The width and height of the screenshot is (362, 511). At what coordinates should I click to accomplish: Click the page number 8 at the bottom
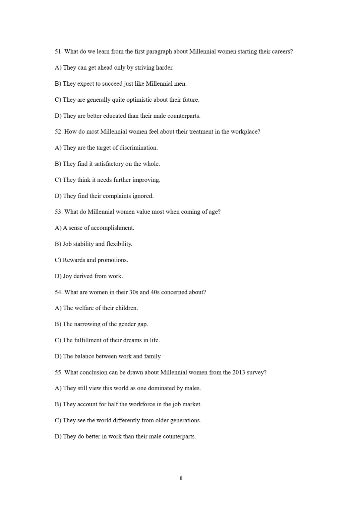click(181, 478)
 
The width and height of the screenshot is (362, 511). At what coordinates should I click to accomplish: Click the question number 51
click(58, 52)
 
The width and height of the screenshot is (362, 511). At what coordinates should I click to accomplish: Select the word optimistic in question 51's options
click(139, 100)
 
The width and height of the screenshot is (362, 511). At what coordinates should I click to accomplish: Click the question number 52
click(58, 132)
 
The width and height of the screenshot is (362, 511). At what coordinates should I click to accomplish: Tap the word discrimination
click(138, 148)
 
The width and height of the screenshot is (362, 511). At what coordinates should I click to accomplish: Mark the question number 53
click(58, 212)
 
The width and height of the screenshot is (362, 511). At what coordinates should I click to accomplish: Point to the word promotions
click(113, 260)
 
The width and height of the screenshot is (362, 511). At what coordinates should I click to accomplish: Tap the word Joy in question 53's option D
click(67, 276)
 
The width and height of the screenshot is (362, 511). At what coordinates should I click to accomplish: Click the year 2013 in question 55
click(239, 372)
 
